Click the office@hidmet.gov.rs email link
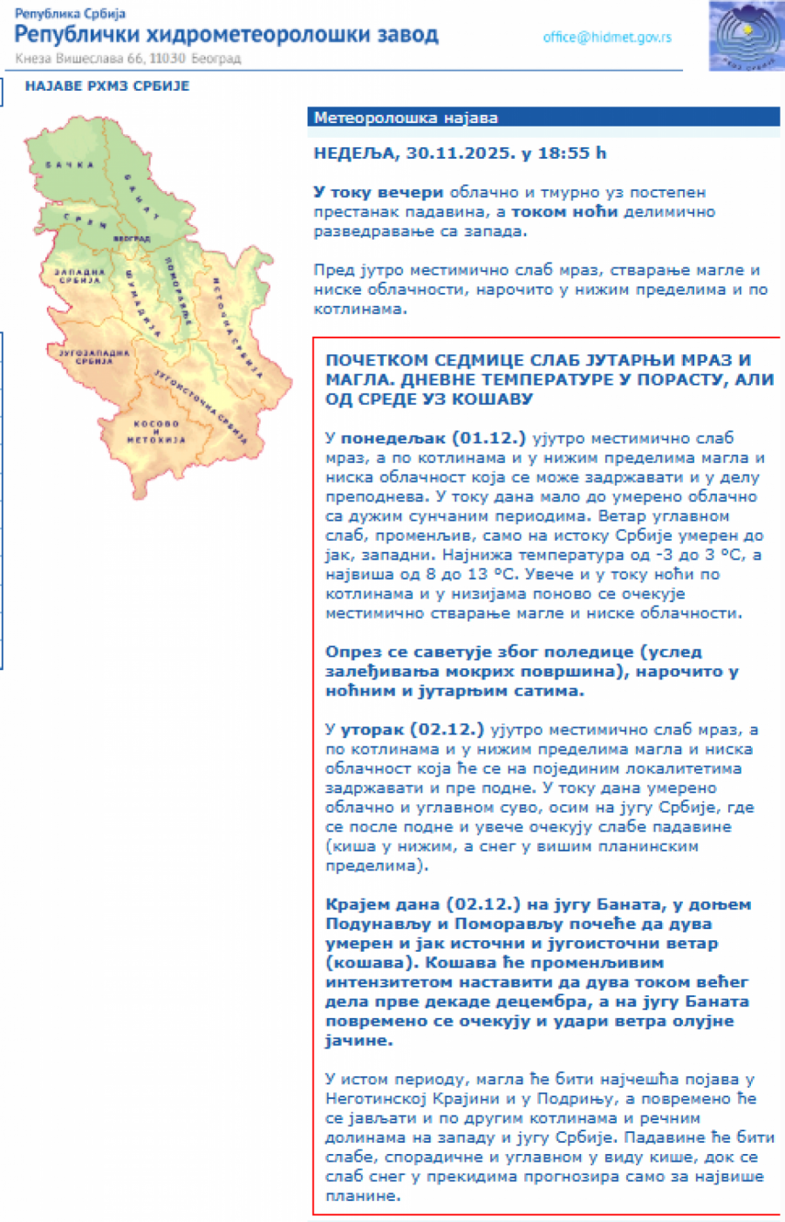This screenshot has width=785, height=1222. point(607,38)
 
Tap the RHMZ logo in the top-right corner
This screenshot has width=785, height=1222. point(746,36)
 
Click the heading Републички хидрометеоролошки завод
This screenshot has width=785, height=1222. point(227,35)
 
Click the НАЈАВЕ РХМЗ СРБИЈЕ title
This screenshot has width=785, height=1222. point(107,85)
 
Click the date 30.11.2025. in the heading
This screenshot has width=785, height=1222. point(460,154)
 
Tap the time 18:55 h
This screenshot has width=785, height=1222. point(571,154)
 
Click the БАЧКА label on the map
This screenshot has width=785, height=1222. point(70,165)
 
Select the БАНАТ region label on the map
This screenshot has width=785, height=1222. point(141,197)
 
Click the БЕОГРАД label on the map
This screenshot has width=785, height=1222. point(131,238)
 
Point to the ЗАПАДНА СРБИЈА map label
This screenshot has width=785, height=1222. point(80,276)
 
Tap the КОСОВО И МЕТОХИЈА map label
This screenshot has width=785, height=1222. point(156,432)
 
